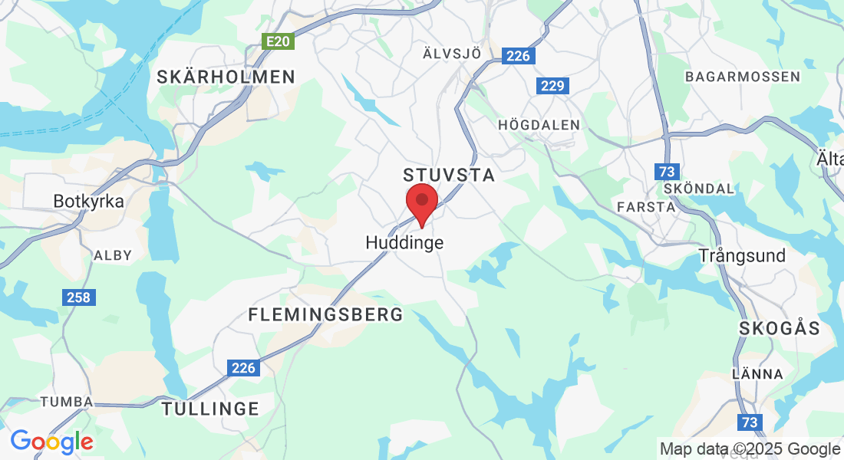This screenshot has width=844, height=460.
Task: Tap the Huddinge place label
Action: pyautogui.click(x=404, y=242)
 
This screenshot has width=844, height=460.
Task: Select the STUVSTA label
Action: pyautogui.click(x=449, y=176)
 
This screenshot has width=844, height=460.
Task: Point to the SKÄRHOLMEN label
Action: pyautogui.click(x=226, y=77)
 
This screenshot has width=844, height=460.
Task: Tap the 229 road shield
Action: pyautogui.click(x=552, y=86)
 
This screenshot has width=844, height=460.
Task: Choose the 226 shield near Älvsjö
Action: pyautogui.click(x=518, y=55)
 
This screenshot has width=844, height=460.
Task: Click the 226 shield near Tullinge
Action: pyautogui.click(x=243, y=368)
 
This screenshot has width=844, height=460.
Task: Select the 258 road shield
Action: pyautogui.click(x=78, y=297)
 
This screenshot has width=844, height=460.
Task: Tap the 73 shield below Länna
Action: pyautogui.click(x=750, y=422)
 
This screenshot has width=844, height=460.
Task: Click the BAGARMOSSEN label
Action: pyautogui.click(x=742, y=77)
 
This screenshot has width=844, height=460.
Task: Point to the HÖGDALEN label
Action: pyautogui.click(x=539, y=124)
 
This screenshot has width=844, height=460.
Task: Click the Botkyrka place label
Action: pyautogui.click(x=88, y=201)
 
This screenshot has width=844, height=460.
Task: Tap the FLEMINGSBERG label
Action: pyautogui.click(x=326, y=314)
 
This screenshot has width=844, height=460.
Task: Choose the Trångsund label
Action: pyautogui.click(x=742, y=255)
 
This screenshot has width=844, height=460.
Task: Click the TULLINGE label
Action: pyautogui.click(x=210, y=409)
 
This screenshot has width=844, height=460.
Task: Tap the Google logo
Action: pyautogui.click(x=51, y=442)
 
